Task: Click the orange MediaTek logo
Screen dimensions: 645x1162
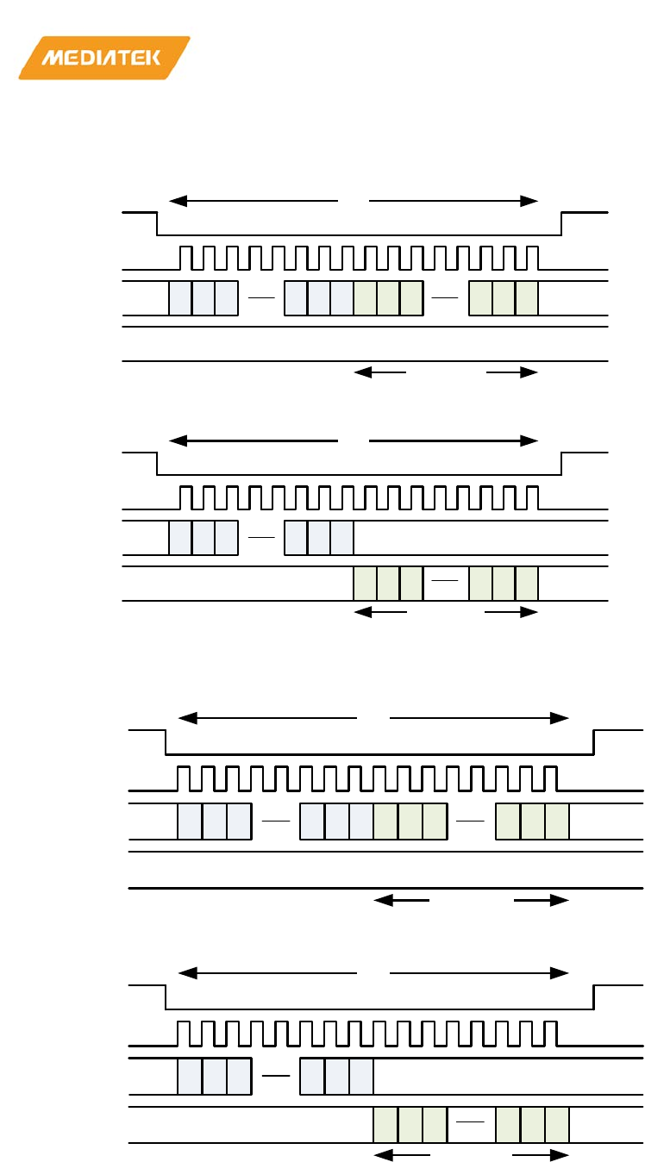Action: [103, 58]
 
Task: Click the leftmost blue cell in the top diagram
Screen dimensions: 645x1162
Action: [180, 298]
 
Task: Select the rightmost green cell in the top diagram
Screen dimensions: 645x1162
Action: [527, 298]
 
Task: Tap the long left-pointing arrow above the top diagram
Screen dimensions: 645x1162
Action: [254, 201]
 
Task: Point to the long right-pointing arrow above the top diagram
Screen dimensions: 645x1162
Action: [454, 201]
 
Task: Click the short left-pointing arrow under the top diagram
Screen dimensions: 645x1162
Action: [380, 372]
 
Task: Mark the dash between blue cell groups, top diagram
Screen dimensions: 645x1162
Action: [261, 297]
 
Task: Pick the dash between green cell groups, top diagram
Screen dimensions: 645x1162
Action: [446, 297]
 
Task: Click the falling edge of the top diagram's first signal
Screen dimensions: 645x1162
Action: [157, 223]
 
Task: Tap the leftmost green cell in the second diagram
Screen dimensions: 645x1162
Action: [366, 584]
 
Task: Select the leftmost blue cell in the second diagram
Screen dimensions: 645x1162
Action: [180, 538]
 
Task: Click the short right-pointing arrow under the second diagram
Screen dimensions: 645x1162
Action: [511, 613]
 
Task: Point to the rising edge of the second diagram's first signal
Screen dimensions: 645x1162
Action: [562, 463]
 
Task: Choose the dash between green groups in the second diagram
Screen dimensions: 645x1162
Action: [446, 582]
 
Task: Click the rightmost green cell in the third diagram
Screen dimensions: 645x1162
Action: [557, 821]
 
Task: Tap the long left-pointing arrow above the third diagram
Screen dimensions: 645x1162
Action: [267, 717]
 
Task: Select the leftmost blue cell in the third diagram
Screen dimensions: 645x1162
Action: [190, 821]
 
